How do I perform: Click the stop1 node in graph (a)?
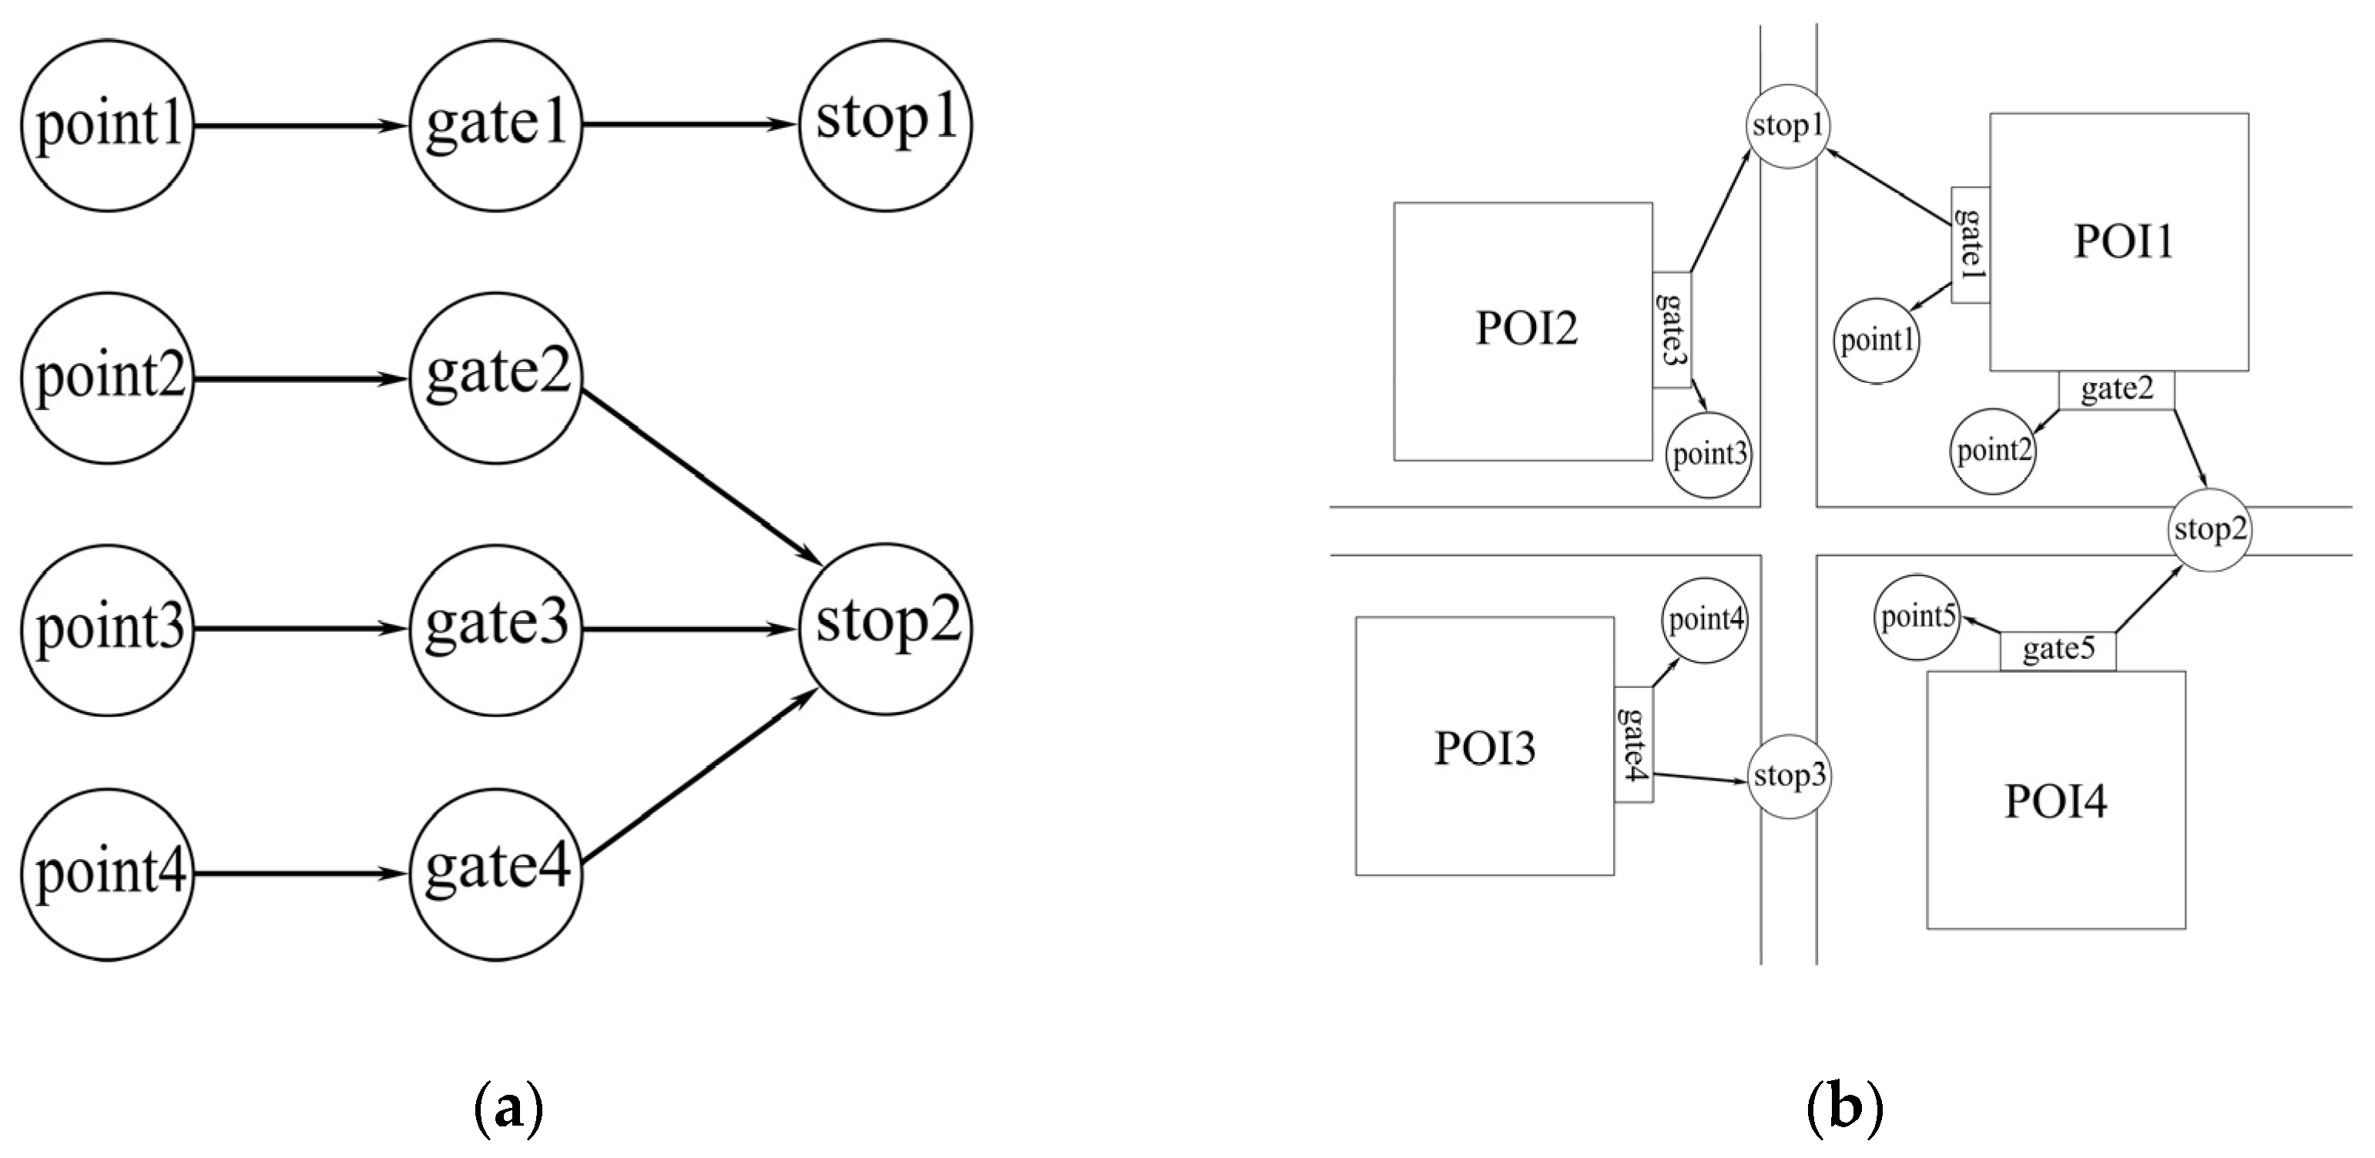click(x=885, y=125)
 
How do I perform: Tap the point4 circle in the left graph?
click(x=108, y=873)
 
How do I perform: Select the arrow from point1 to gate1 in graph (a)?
click(x=300, y=126)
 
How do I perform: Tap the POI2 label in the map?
click(x=1526, y=328)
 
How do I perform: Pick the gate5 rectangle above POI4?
click(x=2058, y=651)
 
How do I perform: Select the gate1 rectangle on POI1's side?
click(x=1971, y=244)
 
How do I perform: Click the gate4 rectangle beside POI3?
click(x=1633, y=744)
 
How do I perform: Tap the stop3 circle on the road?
click(x=1789, y=777)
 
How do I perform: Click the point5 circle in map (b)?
click(x=1917, y=618)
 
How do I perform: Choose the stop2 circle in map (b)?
click(x=2210, y=530)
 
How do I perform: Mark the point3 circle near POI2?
click(x=1709, y=455)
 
